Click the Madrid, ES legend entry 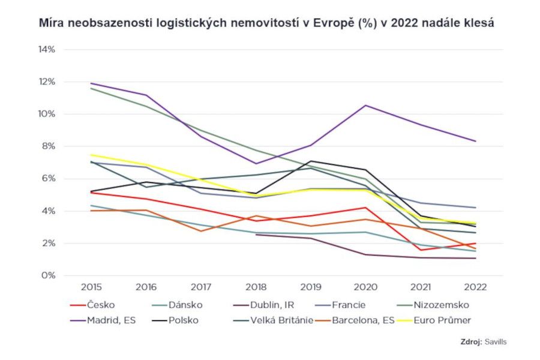tap(112, 320)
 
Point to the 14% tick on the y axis tap(46, 49)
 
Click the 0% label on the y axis tap(48, 276)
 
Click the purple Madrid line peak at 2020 tap(366, 105)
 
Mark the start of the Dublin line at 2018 tap(256, 235)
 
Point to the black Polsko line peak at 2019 tap(311, 161)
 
